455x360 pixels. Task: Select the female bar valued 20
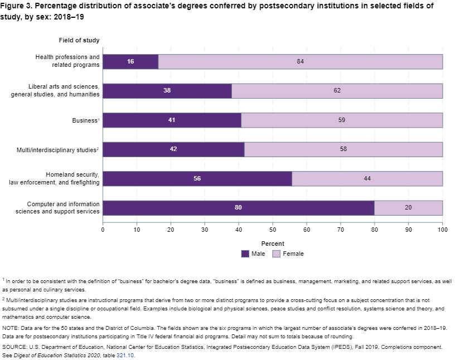[408, 208]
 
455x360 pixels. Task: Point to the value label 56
[197, 179]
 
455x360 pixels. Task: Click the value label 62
[337, 91]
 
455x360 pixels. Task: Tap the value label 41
[172, 120]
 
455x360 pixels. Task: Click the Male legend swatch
[245, 254]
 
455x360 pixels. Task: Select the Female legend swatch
[277, 254]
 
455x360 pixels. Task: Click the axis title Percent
[273, 244]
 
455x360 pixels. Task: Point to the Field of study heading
[79, 40]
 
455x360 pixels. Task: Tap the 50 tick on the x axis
[273, 229]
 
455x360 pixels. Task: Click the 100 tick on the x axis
[442, 229]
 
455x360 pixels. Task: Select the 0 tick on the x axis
[103, 229]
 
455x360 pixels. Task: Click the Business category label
[85, 120]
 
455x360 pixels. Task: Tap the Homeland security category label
[54, 179]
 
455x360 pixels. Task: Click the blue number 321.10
[125, 356]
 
